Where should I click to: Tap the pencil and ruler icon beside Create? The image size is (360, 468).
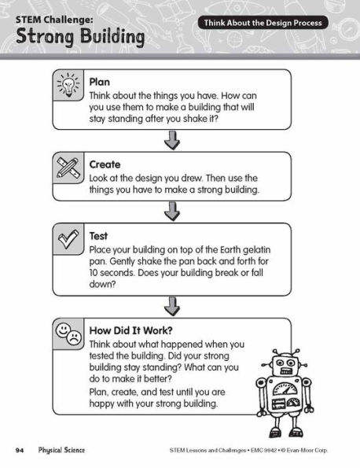[68, 168]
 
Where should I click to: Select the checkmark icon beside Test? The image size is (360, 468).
[68, 239]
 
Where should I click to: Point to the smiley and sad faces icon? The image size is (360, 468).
[68, 333]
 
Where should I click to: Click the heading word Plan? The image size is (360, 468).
[100, 81]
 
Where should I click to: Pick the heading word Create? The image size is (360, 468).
[105, 164]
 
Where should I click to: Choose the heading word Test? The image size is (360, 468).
[98, 235]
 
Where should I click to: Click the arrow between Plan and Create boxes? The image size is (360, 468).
[171, 140]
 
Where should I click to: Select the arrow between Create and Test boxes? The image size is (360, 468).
[171, 211]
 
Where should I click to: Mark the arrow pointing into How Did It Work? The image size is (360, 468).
[171, 305]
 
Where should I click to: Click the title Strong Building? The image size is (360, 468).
[79, 36]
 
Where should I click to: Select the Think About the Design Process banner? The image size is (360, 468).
[264, 24]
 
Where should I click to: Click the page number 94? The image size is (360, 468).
[20, 450]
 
